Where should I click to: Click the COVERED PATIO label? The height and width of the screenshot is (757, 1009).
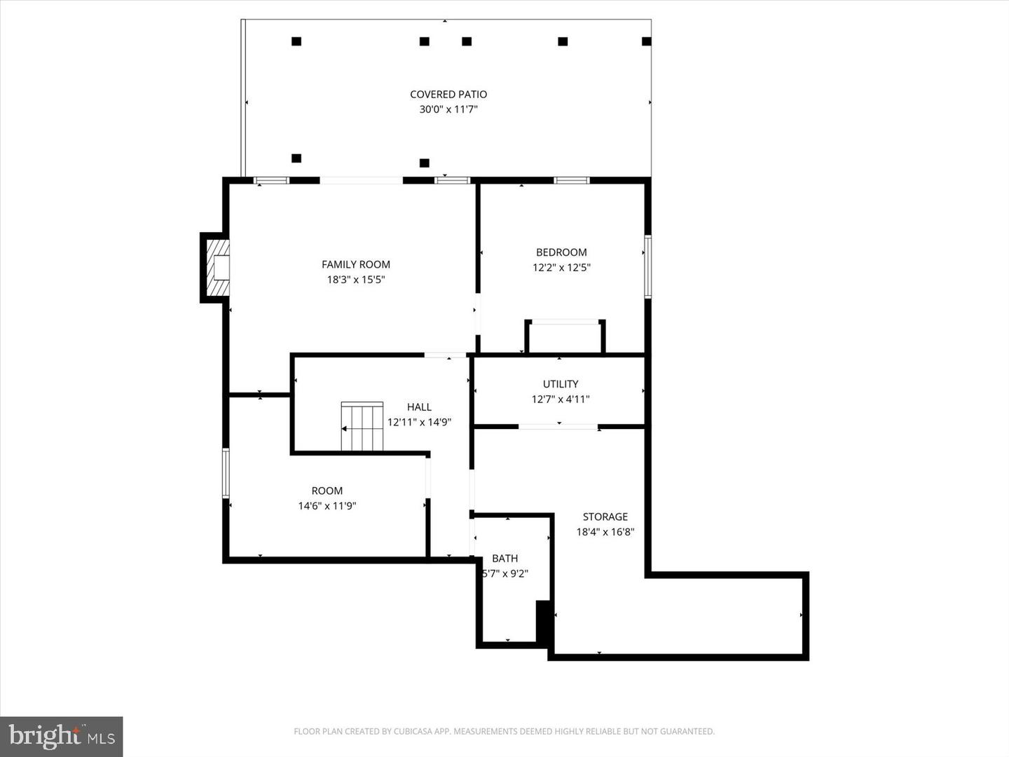tap(448, 94)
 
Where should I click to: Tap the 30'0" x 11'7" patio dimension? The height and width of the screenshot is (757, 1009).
tap(448, 109)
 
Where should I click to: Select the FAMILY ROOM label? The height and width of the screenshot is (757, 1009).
tap(356, 264)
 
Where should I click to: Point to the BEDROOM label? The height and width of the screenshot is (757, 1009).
tap(561, 252)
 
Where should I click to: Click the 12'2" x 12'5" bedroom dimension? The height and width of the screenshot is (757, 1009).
tap(561, 267)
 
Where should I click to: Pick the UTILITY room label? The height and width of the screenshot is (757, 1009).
tap(561, 384)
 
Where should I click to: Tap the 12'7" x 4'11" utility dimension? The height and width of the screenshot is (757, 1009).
tap(561, 400)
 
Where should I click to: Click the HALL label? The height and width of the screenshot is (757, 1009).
tap(419, 407)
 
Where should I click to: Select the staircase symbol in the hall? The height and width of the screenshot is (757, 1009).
tap(362, 426)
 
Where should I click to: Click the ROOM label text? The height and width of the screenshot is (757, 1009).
tap(327, 491)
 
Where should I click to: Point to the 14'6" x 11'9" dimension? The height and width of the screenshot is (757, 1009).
tap(327, 506)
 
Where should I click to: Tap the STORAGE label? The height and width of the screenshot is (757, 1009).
tap(605, 517)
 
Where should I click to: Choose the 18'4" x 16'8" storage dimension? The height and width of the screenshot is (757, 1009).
tap(605, 532)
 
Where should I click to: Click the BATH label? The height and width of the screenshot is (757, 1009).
tap(504, 559)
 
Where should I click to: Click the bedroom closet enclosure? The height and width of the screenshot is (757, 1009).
tap(565, 338)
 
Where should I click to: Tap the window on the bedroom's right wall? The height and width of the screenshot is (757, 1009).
tap(648, 267)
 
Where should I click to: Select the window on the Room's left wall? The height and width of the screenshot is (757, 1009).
tap(226, 473)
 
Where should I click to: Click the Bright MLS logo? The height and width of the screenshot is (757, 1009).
tap(62, 736)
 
